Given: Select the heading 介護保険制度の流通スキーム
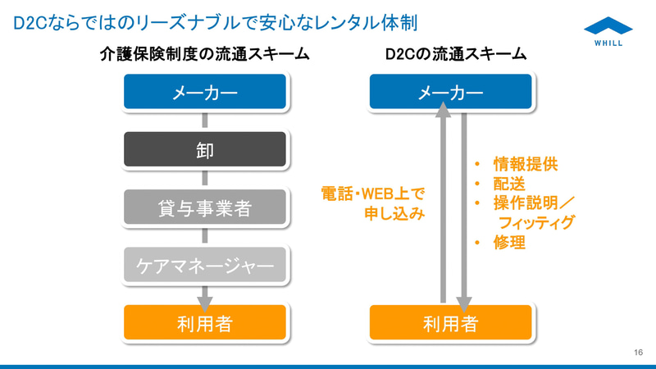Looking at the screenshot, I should [204, 55].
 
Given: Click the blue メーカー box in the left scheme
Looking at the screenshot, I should [205, 93].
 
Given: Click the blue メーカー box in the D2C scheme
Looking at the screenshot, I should [451, 93].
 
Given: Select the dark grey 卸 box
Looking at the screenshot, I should [205, 150].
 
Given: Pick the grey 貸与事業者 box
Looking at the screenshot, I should [205, 207].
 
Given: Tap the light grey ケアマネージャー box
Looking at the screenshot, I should [205, 265].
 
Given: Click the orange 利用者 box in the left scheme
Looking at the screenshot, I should [205, 323].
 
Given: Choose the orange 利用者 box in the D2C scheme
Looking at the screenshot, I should [451, 323].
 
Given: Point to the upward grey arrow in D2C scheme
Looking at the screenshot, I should [443, 205].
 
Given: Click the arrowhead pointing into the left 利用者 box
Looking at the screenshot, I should [205, 297].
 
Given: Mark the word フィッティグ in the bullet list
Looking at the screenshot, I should [537, 223].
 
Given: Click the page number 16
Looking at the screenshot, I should [638, 352].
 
